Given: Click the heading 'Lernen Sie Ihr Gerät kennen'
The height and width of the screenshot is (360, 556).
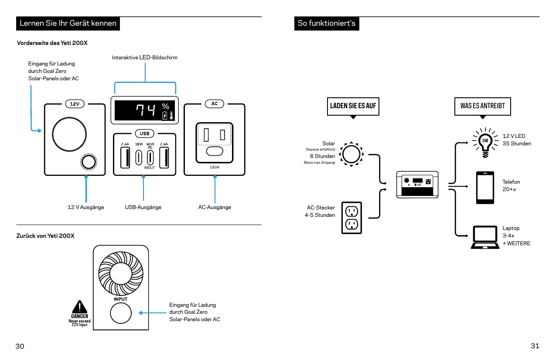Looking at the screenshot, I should [68, 23].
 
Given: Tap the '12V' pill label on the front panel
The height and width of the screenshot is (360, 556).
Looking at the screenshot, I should [75, 104].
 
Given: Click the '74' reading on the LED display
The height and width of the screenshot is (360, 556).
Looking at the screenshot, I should [145, 111].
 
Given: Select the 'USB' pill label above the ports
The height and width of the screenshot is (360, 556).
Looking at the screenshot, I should [144, 133].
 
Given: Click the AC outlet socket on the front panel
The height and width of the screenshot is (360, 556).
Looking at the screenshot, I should [214, 140].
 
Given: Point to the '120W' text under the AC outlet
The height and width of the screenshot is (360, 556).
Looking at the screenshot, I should [214, 167].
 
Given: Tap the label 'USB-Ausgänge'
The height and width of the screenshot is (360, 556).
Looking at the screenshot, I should [143, 207].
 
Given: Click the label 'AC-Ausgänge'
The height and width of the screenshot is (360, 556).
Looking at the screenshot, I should [215, 207].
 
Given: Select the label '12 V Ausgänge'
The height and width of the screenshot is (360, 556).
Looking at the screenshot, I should [86, 207].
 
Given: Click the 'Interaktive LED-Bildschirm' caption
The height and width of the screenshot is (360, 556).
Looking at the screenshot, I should [145, 58].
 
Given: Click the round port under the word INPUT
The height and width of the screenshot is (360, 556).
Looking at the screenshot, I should [120, 313].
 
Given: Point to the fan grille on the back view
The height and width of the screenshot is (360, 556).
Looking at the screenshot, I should [121, 274].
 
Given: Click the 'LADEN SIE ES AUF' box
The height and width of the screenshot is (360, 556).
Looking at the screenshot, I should [353, 106].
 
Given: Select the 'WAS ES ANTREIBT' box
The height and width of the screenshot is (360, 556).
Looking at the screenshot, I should [482, 106].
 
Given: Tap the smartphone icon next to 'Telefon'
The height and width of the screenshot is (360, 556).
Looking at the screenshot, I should [485, 188].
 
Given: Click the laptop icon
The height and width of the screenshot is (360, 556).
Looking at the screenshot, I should [485, 237].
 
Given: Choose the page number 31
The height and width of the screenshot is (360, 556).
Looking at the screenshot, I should [535, 346].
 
